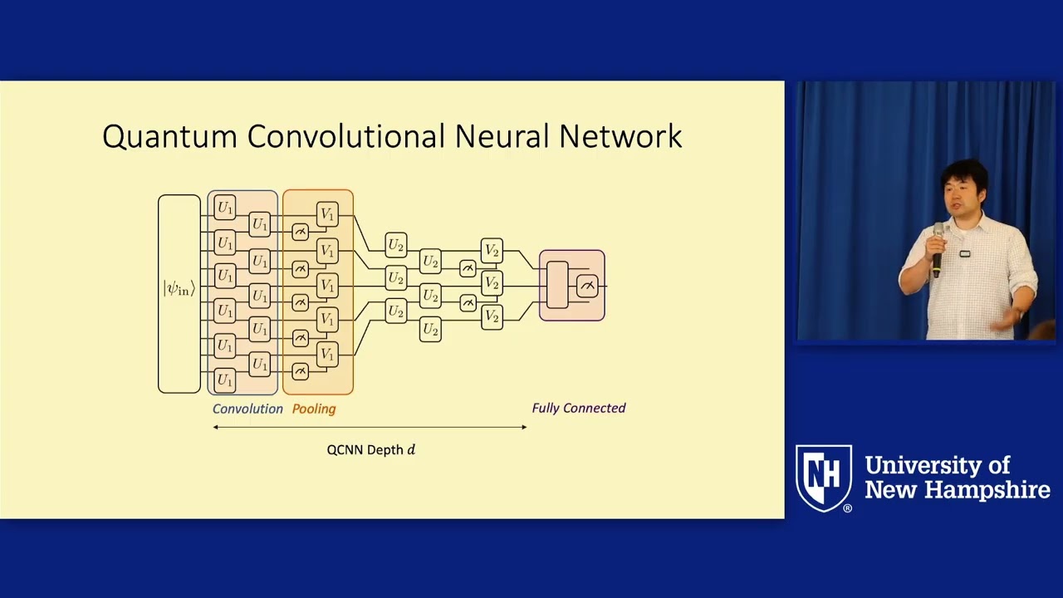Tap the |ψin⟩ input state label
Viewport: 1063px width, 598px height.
[x=179, y=289]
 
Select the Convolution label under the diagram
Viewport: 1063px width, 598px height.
[x=247, y=409]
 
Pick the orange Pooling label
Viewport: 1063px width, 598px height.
[x=314, y=409]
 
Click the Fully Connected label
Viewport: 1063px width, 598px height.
[x=579, y=408]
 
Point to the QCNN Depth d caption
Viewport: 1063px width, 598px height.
[x=370, y=449]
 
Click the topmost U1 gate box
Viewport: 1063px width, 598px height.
[x=225, y=208]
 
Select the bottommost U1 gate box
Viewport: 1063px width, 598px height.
[x=225, y=380]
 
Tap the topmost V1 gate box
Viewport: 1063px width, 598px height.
[x=327, y=215]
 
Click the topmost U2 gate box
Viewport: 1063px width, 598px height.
[x=396, y=245]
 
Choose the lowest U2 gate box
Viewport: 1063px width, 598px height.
[x=430, y=330]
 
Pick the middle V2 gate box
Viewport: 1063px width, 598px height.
[x=492, y=283]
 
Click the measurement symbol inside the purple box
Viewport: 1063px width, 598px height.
[x=587, y=287]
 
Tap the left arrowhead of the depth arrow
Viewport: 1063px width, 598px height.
[x=216, y=427]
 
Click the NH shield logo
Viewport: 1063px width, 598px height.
[x=824, y=477]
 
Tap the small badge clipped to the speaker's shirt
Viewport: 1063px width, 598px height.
[x=965, y=253]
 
